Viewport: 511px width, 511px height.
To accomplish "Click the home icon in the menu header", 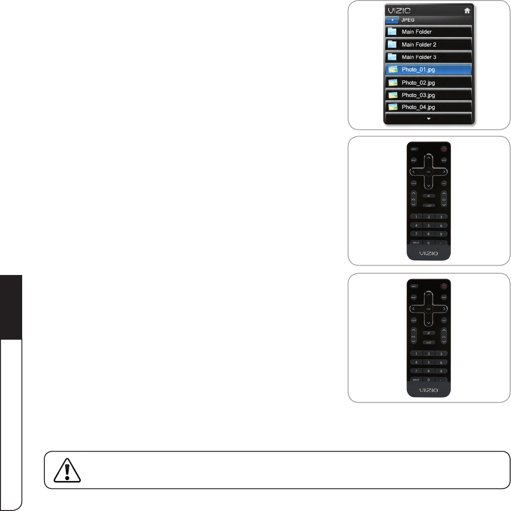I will click(x=467, y=11).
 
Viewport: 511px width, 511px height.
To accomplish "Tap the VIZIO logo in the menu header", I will click(x=399, y=11).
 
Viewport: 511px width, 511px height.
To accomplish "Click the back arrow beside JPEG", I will click(x=392, y=20).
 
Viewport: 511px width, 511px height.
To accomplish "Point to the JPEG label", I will click(x=408, y=20).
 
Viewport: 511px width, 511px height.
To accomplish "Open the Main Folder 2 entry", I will click(x=419, y=45).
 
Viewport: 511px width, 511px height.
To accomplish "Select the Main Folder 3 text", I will click(x=419, y=57).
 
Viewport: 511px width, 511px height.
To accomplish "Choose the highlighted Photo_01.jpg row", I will click(x=428, y=70).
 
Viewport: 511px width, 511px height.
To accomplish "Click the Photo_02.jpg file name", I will click(x=418, y=83).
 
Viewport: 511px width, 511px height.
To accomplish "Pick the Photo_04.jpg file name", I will click(x=418, y=107).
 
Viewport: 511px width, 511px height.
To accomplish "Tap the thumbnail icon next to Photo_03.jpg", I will click(x=392, y=95).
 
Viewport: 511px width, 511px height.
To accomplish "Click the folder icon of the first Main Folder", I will click(x=392, y=32).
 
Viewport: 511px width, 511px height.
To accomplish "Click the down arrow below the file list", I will click(x=429, y=119).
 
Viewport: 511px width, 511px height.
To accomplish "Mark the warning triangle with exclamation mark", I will click(x=67, y=470).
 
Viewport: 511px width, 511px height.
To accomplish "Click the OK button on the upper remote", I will click(x=429, y=172).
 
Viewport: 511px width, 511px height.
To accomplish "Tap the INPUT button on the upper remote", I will click(x=416, y=243).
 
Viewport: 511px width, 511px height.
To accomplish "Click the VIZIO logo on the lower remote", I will click(x=429, y=390).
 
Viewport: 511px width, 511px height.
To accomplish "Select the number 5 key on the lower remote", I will click(x=429, y=362).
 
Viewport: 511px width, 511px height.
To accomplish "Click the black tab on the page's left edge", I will click(x=11, y=307).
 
